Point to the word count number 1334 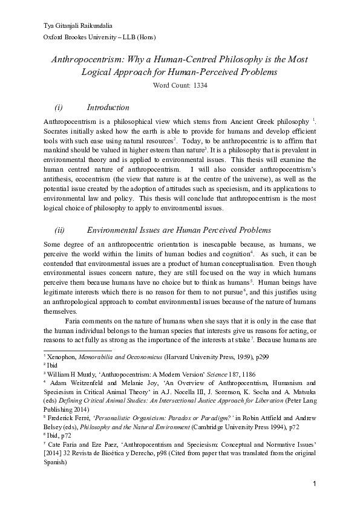pos(201,86)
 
